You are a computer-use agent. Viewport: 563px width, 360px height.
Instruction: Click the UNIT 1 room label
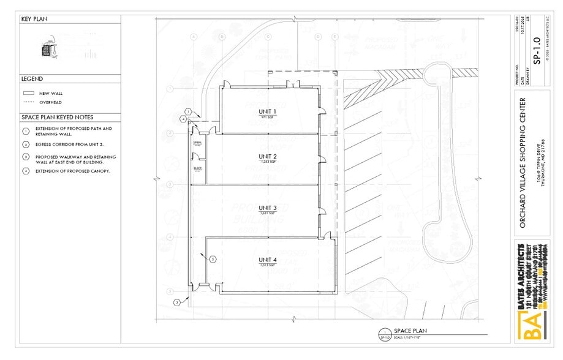click(x=268, y=111)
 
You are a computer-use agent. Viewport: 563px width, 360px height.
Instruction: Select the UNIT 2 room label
click(x=268, y=157)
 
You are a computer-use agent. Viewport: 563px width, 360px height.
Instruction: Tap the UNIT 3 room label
click(x=268, y=208)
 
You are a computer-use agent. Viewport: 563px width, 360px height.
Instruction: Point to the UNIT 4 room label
click(x=268, y=260)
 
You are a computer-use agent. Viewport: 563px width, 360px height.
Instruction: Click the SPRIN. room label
click(x=197, y=142)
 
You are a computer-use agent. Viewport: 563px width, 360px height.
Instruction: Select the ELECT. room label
click(x=197, y=168)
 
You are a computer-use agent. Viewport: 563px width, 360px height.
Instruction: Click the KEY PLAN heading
click(x=35, y=19)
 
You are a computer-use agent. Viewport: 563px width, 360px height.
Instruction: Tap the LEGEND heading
click(x=32, y=79)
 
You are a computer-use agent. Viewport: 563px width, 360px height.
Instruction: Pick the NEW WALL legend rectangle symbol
click(x=28, y=94)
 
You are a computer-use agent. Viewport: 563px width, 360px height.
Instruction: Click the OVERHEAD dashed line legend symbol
click(x=28, y=102)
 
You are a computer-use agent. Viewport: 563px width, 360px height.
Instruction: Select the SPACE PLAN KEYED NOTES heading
click(x=58, y=117)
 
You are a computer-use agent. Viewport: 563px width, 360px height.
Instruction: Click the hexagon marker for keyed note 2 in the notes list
click(x=26, y=144)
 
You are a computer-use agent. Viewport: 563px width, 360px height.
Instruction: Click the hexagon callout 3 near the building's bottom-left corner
click(x=176, y=302)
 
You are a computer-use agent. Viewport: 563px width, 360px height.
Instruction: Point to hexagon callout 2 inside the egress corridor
click(x=213, y=259)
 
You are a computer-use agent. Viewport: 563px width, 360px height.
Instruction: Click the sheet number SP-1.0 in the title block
click(x=537, y=51)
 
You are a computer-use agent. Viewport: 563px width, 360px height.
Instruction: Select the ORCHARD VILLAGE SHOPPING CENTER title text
click(x=523, y=162)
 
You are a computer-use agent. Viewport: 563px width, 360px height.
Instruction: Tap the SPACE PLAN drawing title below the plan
click(x=410, y=331)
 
